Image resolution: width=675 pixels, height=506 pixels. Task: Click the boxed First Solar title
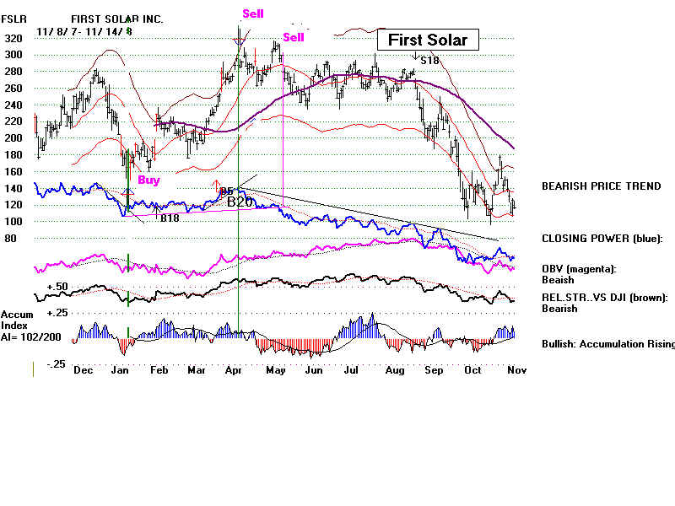point(428,40)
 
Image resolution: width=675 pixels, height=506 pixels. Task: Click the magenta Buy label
point(148,180)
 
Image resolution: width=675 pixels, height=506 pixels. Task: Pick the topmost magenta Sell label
point(252,13)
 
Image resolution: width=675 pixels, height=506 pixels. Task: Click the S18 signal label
point(429,60)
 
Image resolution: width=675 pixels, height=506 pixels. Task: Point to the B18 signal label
point(170,218)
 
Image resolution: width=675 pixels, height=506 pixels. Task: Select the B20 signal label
point(240,202)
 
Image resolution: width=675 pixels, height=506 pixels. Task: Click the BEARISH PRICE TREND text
point(602,186)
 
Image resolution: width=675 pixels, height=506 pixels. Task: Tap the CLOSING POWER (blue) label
point(602,239)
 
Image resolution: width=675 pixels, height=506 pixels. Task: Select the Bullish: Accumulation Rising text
point(607,344)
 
